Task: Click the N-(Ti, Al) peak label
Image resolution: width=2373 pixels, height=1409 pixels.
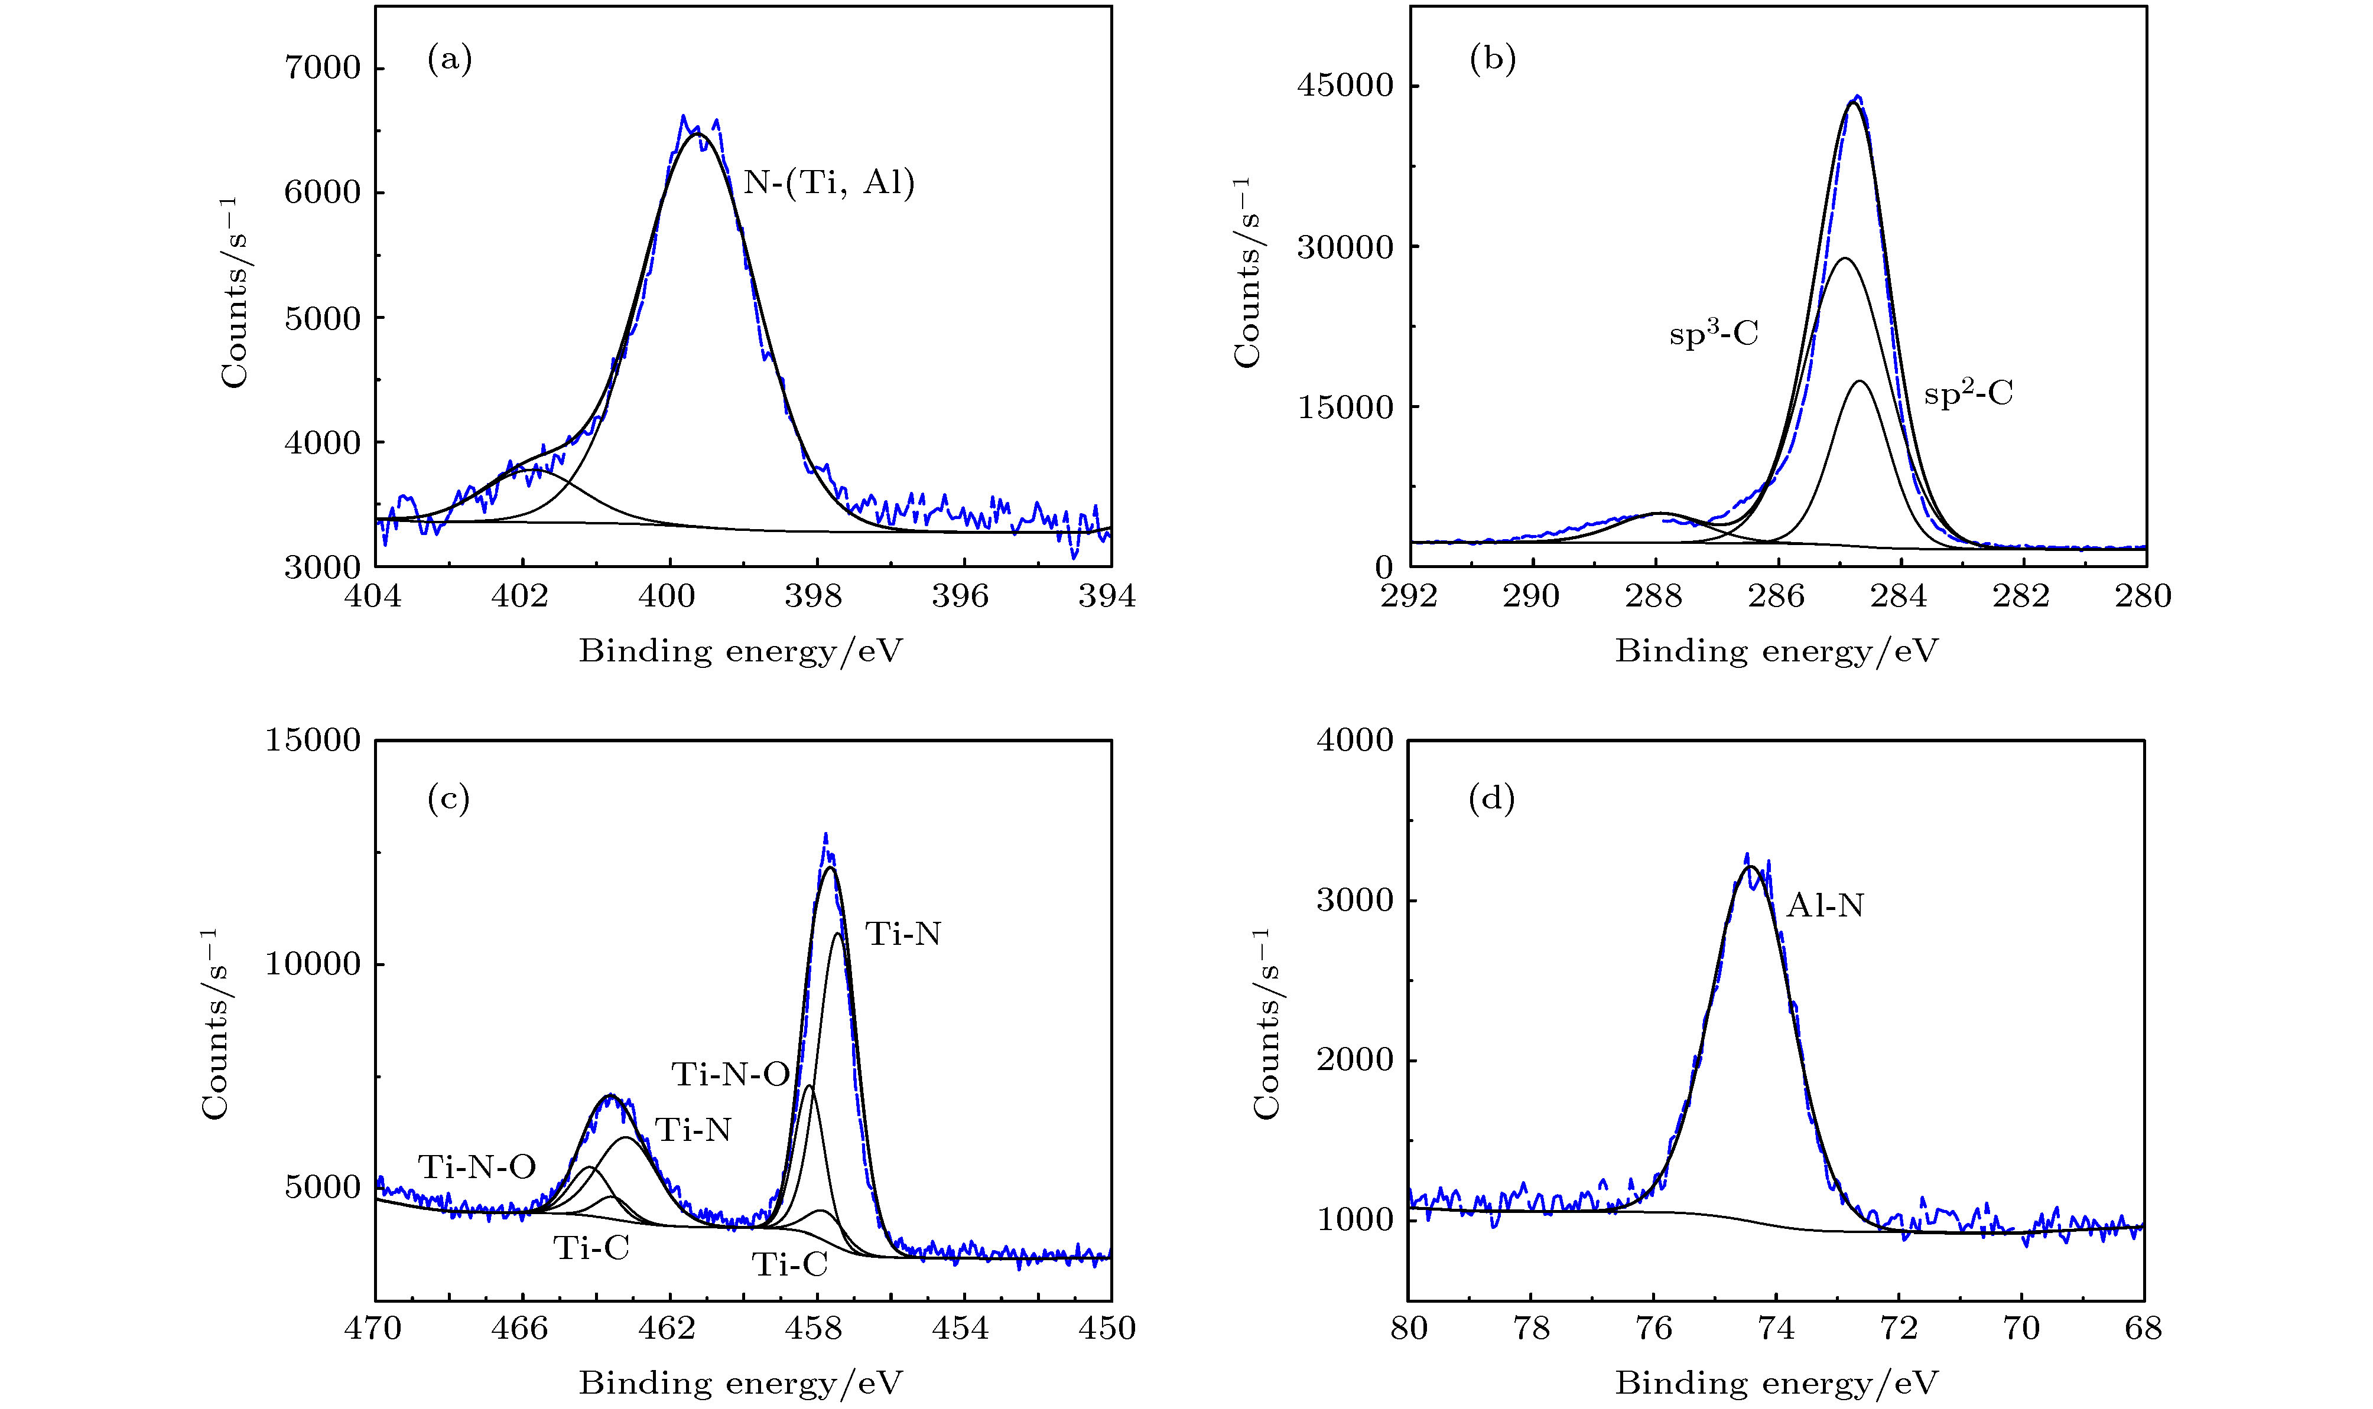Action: (x=828, y=182)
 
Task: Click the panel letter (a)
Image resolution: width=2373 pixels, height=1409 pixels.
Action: (x=449, y=61)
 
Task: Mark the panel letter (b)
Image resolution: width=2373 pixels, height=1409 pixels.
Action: (x=1493, y=61)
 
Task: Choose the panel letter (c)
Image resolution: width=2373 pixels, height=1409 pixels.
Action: (x=449, y=800)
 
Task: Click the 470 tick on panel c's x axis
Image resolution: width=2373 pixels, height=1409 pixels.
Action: (x=376, y=1328)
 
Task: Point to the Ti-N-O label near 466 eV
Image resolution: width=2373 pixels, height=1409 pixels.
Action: (x=477, y=1167)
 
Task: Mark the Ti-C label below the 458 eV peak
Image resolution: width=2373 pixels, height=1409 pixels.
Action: (x=789, y=1265)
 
